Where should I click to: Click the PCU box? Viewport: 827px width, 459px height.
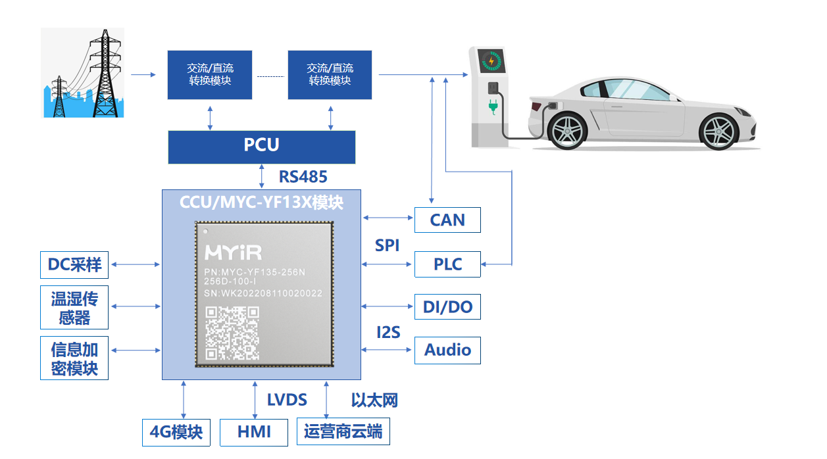pos(262,146)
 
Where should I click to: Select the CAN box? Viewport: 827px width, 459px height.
pos(447,220)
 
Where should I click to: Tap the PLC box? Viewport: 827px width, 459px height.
pos(447,264)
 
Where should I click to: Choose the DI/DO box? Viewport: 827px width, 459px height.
pos(447,306)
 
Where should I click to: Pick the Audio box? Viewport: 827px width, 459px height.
pos(447,350)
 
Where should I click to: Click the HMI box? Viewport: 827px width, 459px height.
pos(253,432)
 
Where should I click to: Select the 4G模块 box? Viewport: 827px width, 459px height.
pos(176,432)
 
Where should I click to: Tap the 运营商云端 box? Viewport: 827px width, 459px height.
pos(343,432)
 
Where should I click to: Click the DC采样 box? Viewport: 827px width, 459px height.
pos(74,264)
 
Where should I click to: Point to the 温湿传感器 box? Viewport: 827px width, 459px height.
pos(74,307)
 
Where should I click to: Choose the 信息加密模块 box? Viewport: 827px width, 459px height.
pos(74,358)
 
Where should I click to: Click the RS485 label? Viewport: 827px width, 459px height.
pos(303,176)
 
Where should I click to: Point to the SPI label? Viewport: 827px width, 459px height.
pos(388,245)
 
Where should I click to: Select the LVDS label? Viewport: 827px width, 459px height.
pos(287,399)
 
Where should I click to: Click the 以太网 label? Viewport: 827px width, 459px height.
pos(374,400)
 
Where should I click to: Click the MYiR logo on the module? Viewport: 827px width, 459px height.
pos(233,253)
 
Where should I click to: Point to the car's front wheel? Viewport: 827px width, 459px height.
pos(719,131)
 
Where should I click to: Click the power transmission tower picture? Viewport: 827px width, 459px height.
pos(83,72)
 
